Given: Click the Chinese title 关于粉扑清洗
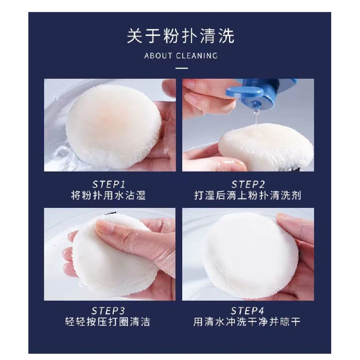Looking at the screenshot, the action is (181, 36).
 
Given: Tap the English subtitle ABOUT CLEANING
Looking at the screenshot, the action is (181, 56).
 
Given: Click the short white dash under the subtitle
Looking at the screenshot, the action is (182, 68).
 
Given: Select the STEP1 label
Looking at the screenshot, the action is (109, 184).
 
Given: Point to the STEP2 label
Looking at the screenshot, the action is (248, 184).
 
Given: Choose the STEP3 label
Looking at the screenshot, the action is (108, 311).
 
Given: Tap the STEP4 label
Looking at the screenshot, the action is (247, 311).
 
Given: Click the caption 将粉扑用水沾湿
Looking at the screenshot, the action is (108, 196).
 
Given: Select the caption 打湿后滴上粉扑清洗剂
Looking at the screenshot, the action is (248, 196).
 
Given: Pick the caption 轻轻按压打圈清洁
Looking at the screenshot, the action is (108, 322).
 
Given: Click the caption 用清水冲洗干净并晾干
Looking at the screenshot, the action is (247, 322).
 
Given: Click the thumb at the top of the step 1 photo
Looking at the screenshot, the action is (169, 90).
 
